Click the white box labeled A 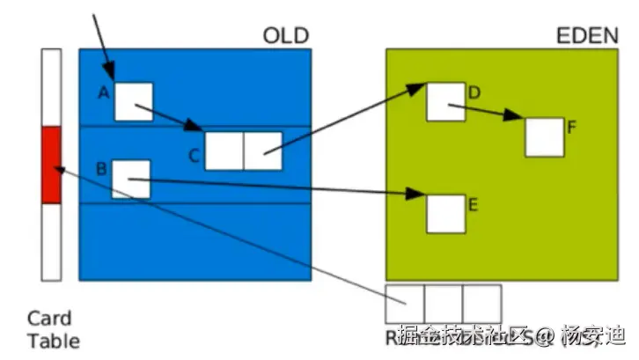coord(133,101)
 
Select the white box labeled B coord(130,179)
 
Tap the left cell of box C coord(224,151)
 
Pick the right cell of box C coord(262,151)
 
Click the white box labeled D coord(445,101)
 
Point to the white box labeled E coord(445,213)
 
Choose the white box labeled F coord(544,136)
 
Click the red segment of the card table coord(51,165)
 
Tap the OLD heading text coord(286,36)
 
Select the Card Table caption coord(53,329)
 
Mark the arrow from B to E coord(282,187)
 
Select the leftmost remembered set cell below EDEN coord(405,304)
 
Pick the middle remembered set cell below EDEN coord(444,304)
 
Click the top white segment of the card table coord(51,87)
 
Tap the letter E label coord(473,205)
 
